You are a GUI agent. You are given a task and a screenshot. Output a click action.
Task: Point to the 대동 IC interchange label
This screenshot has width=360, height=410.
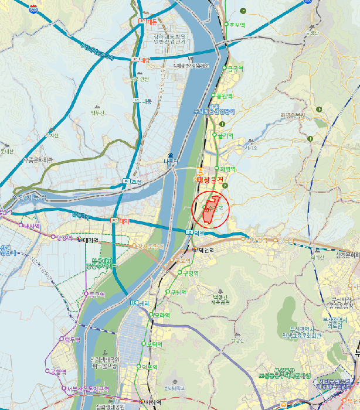pos(144,101)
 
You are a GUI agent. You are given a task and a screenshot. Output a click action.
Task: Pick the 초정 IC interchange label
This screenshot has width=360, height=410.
pos(133,181)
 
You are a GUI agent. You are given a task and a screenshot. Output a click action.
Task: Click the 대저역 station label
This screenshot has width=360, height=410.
pos(90,240)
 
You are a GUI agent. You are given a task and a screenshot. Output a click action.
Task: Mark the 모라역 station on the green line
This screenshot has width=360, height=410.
pos(162,315)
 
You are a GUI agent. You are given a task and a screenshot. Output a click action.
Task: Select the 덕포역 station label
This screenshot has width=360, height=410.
pos(150,367)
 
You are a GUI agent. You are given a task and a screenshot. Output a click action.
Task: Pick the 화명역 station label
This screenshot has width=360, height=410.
pos(226,169)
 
